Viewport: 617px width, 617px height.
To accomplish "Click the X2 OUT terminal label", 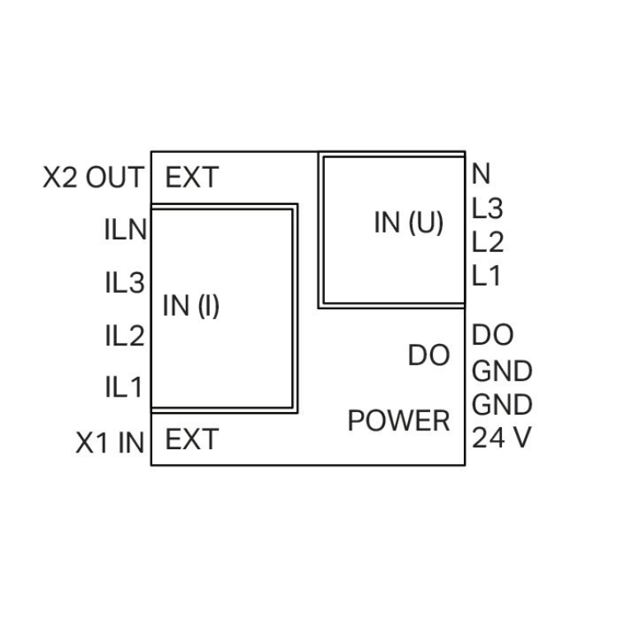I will click(94, 178).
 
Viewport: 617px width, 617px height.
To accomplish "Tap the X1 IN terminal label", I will click(110, 444).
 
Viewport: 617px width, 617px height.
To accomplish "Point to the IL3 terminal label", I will click(125, 284).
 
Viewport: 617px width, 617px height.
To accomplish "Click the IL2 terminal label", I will click(125, 336).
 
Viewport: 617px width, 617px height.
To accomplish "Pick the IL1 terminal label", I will click(125, 387).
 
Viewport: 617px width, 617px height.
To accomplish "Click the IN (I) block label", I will click(191, 306).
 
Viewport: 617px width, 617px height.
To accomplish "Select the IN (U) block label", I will click(409, 224).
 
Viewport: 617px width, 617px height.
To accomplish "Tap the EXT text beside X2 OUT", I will click(193, 178).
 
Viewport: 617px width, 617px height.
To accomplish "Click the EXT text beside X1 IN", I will click(193, 440).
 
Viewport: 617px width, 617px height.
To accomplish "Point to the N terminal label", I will click(481, 174).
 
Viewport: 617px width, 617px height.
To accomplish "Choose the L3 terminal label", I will click(488, 209).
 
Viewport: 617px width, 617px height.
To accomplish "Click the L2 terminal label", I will click(488, 243).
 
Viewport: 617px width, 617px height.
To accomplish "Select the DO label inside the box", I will click(429, 355).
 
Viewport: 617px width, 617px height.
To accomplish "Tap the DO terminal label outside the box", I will click(493, 336).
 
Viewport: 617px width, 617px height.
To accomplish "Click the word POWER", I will click(399, 420).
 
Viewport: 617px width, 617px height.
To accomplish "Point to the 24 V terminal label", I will click(502, 438).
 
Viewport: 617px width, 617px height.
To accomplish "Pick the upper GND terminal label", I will click(502, 371).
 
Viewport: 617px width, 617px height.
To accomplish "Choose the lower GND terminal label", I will click(502, 405).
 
